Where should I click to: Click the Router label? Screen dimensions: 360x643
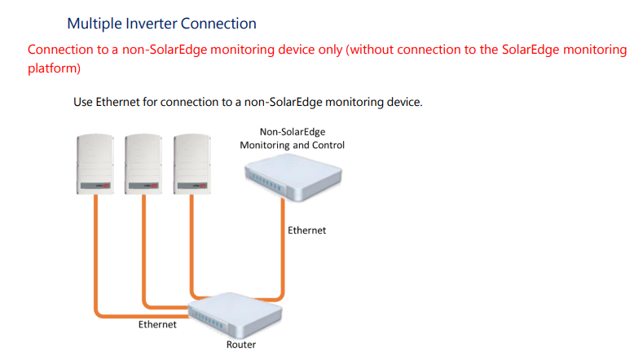[240, 345]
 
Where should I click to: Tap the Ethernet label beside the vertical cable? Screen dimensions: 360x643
[306, 230]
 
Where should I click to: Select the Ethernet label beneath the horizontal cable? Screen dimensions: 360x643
[156, 325]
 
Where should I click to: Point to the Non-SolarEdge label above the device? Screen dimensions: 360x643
[292, 131]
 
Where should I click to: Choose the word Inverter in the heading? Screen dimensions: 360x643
[159, 24]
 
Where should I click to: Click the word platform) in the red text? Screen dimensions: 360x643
[54, 68]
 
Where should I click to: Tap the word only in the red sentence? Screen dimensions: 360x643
[326, 50]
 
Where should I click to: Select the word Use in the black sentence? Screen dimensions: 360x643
[83, 103]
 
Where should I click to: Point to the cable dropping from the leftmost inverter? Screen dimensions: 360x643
[96, 252]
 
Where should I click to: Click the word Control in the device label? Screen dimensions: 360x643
[327, 145]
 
